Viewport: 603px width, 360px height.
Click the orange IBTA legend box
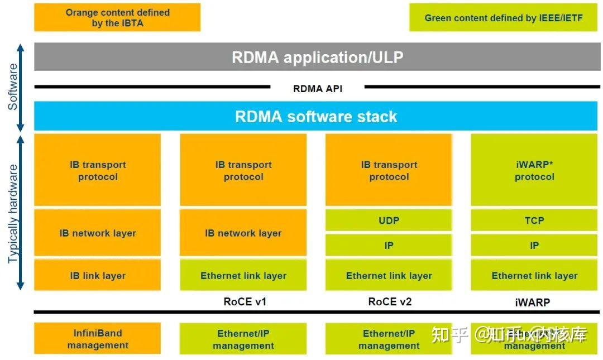[117, 18]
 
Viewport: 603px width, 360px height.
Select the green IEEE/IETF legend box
[503, 18]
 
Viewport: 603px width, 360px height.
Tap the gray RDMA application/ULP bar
[317, 57]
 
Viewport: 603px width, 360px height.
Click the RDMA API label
[317, 88]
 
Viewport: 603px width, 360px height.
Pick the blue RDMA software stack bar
[315, 116]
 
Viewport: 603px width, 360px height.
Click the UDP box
[389, 220]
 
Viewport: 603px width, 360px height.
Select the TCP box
[534, 220]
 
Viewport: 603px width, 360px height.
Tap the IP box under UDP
[389, 245]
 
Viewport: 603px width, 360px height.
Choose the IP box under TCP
[534, 245]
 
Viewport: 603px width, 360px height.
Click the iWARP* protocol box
[534, 170]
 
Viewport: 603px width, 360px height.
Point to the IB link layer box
[98, 275]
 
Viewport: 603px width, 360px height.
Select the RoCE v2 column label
[390, 302]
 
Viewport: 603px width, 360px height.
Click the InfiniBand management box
[98, 339]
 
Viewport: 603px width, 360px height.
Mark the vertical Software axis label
[13, 87]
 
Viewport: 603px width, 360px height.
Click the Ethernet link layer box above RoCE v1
[243, 275]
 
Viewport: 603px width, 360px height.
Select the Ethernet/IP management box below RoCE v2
[389, 339]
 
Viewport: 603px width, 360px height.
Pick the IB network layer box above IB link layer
[98, 233]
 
